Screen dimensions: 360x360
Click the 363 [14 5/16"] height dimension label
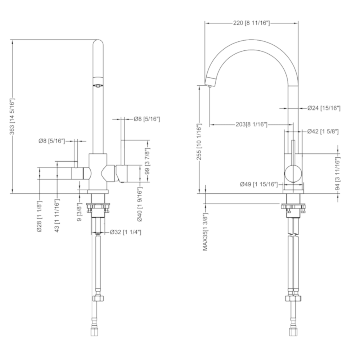12,116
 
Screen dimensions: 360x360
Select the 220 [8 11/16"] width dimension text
251,23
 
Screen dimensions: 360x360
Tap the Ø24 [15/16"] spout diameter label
324,108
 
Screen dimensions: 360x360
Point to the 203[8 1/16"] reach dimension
251,125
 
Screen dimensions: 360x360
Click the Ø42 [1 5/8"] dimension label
323,132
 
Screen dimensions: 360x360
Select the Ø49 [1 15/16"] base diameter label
259,184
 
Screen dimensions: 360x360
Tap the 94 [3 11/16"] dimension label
337,173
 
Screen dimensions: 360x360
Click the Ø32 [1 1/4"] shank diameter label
125,232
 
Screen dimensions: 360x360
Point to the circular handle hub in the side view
293,174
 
